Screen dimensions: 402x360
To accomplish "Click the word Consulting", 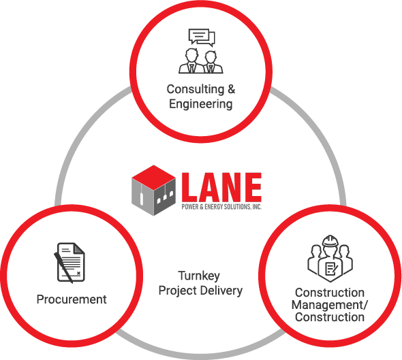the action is point(196,90).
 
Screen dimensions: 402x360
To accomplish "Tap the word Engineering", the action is point(201,105).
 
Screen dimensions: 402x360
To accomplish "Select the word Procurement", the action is point(72,299).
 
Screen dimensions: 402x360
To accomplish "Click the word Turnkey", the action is point(199,276).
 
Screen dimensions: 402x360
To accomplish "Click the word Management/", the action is point(330,305).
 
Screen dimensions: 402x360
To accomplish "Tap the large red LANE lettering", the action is point(221,187).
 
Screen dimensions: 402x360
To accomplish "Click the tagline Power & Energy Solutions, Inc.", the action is point(221,207).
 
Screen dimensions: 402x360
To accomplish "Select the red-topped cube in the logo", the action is point(153,191).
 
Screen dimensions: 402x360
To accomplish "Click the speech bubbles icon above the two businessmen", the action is point(202,37).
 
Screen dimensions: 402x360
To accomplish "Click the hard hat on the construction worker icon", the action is point(330,241).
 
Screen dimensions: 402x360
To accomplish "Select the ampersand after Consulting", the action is point(231,90).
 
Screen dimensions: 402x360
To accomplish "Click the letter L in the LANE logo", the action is point(189,187).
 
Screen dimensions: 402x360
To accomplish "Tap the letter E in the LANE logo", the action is point(253,187).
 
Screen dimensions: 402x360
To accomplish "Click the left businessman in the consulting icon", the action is point(191,61).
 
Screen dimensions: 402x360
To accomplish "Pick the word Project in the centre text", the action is point(178,291).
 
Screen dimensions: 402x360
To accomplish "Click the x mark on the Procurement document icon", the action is point(78,274).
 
